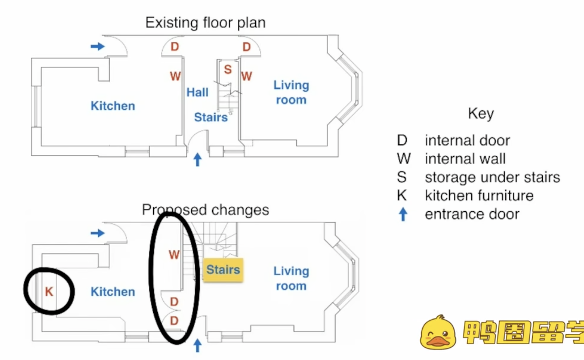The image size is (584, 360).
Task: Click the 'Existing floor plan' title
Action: point(205,23)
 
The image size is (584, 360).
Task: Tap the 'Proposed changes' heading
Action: point(205,210)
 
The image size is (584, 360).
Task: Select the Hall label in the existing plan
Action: point(197,92)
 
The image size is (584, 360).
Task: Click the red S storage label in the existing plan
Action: point(228,69)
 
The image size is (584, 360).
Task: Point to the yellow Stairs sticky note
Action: point(223,270)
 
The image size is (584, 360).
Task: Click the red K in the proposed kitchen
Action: point(49,292)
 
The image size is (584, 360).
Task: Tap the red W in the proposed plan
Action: point(174,255)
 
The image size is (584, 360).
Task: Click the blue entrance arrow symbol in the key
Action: point(403,214)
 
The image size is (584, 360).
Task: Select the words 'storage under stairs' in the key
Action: point(492,177)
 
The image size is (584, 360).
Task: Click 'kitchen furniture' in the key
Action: point(479,196)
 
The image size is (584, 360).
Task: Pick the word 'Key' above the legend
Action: point(481,114)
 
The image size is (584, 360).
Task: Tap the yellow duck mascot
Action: point(438,332)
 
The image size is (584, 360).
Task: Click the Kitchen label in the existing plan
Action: point(113,106)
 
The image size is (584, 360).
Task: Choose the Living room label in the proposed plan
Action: point(291,278)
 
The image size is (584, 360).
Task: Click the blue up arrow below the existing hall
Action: point(197,160)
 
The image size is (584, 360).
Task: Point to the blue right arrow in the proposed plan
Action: point(98,233)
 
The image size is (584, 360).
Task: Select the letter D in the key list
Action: point(402,140)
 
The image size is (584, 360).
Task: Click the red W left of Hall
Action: point(175,76)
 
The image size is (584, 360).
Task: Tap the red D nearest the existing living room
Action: point(247,47)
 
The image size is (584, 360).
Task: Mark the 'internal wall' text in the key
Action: point(465,159)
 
